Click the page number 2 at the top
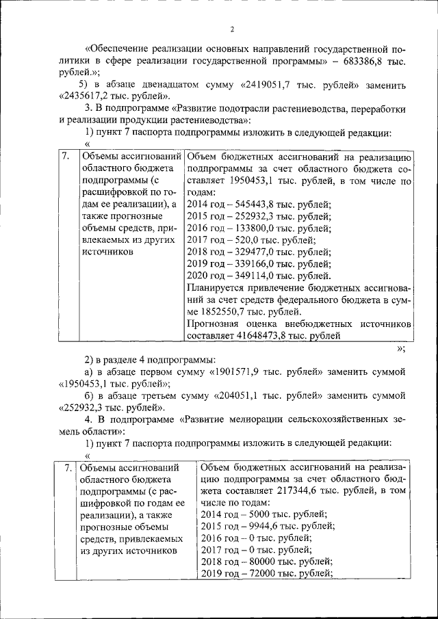(232, 29)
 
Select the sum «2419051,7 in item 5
(268, 85)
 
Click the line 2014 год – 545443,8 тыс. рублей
(259, 205)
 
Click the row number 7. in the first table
(66, 157)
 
